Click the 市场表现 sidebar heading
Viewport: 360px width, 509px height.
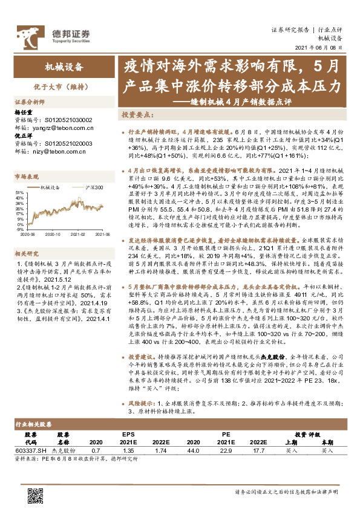(x=27, y=177)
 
